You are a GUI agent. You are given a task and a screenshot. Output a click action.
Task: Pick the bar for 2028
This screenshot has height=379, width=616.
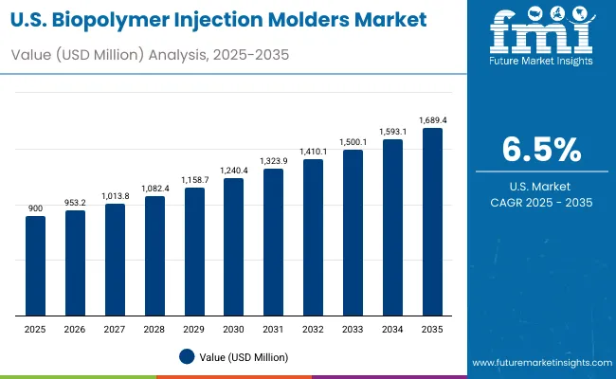tap(154, 256)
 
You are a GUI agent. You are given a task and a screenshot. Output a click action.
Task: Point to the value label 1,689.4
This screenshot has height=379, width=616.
tap(432, 120)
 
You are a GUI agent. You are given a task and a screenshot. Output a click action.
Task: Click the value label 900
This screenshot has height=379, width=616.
tap(35, 208)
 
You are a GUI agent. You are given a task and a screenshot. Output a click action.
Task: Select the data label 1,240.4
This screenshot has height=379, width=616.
tap(233, 171)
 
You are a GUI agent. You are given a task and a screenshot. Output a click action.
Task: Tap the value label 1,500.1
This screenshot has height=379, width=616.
tap(353, 141)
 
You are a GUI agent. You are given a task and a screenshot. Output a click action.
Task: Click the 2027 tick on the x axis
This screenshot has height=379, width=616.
tap(115, 328)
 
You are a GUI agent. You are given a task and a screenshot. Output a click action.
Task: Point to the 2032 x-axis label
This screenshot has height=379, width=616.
tap(313, 328)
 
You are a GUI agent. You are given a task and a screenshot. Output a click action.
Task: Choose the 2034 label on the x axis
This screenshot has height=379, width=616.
tap(392, 328)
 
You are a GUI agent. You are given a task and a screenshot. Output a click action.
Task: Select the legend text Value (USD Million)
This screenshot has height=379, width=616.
tap(244, 356)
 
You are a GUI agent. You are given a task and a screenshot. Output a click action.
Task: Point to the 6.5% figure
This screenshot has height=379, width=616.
tap(541, 151)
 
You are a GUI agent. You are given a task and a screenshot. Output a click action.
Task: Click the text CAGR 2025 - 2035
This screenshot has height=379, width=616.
tap(541, 203)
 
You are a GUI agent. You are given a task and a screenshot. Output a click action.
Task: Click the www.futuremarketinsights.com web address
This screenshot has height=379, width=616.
tap(539, 363)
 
